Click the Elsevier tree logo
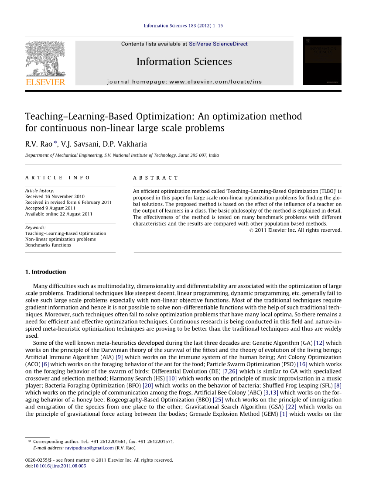click(45, 59)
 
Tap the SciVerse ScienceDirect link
click(218, 44)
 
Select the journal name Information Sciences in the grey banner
click(184, 62)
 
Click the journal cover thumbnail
click(322, 61)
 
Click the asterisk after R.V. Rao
click(55, 143)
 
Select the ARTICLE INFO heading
click(58, 178)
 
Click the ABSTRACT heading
click(155, 178)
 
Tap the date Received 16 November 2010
click(55, 197)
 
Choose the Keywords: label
click(35, 228)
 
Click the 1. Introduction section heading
click(46, 272)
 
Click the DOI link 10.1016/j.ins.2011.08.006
click(60, 466)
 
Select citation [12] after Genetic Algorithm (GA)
click(319, 343)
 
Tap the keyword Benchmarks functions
click(48, 245)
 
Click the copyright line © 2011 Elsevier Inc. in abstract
click(295, 230)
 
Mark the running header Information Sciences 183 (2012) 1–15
click(183, 26)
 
